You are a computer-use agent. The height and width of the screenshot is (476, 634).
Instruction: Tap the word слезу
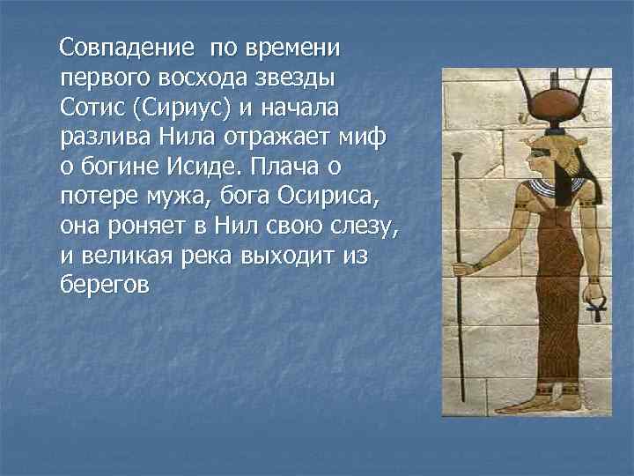[362, 227]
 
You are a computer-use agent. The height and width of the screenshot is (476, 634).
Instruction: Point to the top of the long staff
[459, 159]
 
